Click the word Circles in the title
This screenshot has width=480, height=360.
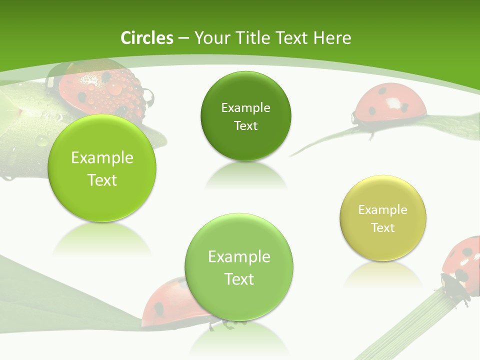tap(147, 38)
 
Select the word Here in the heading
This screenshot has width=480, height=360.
tap(332, 38)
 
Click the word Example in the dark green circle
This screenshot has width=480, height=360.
tap(245, 108)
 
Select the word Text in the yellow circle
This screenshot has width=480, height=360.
tap(383, 228)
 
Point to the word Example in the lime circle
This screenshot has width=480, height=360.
tap(102, 158)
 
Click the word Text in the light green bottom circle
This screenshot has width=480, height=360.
tap(239, 279)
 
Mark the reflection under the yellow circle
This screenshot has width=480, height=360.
tap(383, 272)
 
